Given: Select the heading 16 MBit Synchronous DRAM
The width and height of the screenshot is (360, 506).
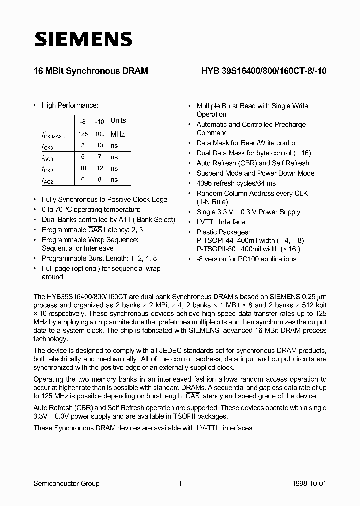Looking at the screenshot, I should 90,71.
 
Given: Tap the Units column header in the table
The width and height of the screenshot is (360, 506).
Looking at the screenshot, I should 118,121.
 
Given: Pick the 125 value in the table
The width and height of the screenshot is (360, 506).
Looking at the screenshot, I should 83,134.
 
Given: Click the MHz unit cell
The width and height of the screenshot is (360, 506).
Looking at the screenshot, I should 118,134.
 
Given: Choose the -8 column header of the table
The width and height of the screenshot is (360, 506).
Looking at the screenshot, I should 83,121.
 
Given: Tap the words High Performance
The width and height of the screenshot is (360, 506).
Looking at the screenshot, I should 70,105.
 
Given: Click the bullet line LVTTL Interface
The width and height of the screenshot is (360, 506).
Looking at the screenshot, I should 221,222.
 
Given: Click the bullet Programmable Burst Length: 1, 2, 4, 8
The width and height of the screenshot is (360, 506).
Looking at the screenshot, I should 100,258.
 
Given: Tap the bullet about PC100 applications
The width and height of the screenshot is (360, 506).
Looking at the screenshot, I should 246,259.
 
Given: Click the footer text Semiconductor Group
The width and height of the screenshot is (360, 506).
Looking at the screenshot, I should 66,483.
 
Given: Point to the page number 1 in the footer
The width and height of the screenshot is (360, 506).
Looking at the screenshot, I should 180,483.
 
